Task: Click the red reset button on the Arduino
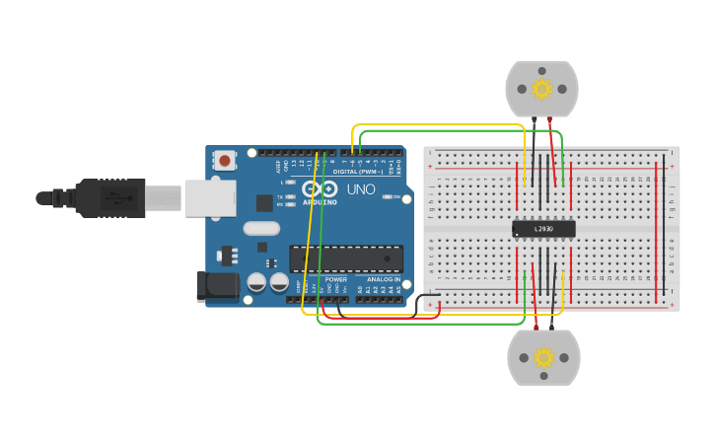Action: pyautogui.click(x=225, y=160)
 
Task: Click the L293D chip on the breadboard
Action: pyautogui.click(x=543, y=229)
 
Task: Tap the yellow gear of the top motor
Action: pyautogui.click(x=541, y=89)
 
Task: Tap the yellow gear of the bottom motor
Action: pyautogui.click(x=543, y=357)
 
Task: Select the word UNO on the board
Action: pyautogui.click(x=360, y=188)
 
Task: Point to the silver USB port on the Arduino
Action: pyautogui.click(x=209, y=198)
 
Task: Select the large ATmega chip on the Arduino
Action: pyautogui.click(x=346, y=259)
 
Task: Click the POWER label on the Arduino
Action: pyautogui.click(x=335, y=279)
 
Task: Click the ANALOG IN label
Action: pyautogui.click(x=383, y=279)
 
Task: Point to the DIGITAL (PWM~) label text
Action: pyautogui.click(x=358, y=172)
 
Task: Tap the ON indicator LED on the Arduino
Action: pyautogui.click(x=385, y=197)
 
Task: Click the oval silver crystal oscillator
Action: pyautogui.click(x=262, y=229)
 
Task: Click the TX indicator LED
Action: pyautogui.click(x=290, y=197)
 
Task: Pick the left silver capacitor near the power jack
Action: pyautogui.click(x=255, y=282)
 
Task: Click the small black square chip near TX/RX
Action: pyautogui.click(x=264, y=203)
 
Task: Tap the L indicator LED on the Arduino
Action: pyautogui.click(x=290, y=183)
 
